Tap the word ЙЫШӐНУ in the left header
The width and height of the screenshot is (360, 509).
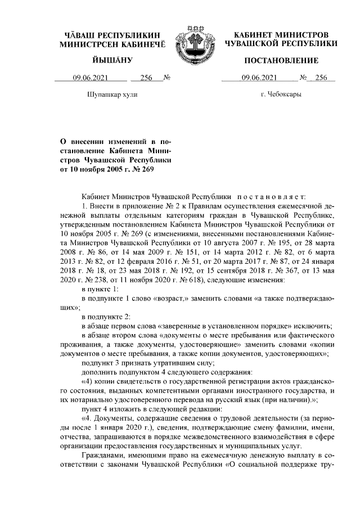(x=112, y=60)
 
